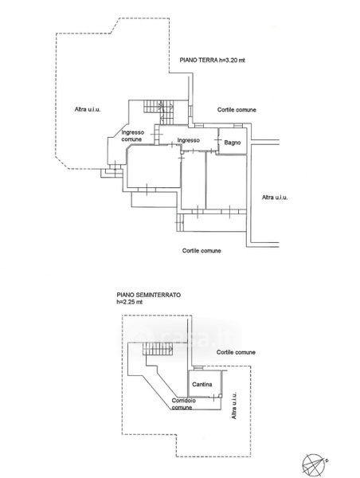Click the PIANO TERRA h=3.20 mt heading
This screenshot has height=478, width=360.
click(212, 60)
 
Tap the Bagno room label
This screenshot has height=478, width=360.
click(233, 143)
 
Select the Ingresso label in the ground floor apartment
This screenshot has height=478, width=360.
click(189, 140)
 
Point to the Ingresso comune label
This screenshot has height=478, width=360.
click(132, 136)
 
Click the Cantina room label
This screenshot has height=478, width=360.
click(202, 385)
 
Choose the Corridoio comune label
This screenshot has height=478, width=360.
click(183, 404)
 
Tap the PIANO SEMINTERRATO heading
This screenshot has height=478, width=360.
click(148, 295)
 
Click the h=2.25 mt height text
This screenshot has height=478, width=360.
click(129, 302)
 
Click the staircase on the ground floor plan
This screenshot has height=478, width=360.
click(158, 112)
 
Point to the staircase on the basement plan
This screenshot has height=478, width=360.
click(157, 348)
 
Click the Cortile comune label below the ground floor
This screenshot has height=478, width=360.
click(202, 251)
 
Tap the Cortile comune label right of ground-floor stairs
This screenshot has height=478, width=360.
click(237, 110)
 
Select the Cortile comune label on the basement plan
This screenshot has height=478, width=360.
click(236, 352)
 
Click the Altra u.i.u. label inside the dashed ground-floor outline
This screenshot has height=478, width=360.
click(88, 109)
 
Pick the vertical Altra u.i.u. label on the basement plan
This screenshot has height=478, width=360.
click(234, 406)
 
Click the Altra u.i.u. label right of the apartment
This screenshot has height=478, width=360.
click(275, 198)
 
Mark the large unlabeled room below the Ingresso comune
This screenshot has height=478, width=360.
click(154, 167)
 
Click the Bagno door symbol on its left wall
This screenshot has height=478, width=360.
click(218, 139)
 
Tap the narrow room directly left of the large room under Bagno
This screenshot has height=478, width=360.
click(194, 181)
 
